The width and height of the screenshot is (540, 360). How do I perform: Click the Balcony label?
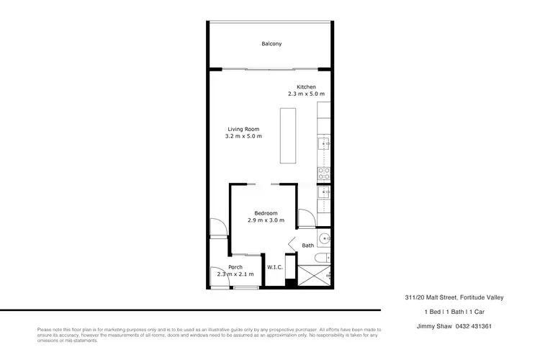pyautogui.click(x=271, y=45)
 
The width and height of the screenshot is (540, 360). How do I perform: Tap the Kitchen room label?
pyautogui.click(x=307, y=87)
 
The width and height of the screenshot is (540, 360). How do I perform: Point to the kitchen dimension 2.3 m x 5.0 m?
pyautogui.click(x=307, y=94)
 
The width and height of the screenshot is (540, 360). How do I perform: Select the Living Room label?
pyautogui.click(x=243, y=129)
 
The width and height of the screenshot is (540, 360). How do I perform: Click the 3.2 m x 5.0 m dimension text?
pyautogui.click(x=243, y=136)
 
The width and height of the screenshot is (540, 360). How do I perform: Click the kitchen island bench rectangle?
pyautogui.click(x=287, y=137)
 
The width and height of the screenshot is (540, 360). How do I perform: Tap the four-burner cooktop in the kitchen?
pyautogui.click(x=324, y=173)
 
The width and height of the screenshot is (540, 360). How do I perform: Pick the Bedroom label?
pyautogui.click(x=266, y=212)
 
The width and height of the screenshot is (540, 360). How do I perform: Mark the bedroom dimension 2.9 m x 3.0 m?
pyautogui.click(x=266, y=220)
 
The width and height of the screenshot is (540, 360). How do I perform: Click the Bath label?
pyautogui.click(x=307, y=246)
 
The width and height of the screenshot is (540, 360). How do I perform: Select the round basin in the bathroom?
pyautogui.click(x=325, y=238)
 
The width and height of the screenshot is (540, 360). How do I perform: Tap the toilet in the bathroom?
pyautogui.click(x=325, y=257)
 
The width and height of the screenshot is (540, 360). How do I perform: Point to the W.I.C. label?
pyautogui.click(x=274, y=267)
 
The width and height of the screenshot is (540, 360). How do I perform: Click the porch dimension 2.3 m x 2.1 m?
pyautogui.click(x=235, y=274)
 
